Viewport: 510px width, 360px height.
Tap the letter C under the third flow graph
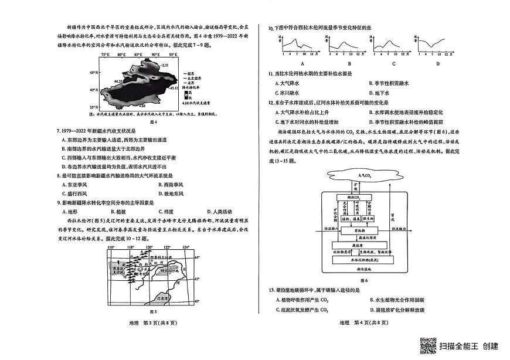393,63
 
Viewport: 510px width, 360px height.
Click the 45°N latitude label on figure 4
92,73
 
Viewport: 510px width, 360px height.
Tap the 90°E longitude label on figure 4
155,55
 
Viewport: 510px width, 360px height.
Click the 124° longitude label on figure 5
185,247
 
